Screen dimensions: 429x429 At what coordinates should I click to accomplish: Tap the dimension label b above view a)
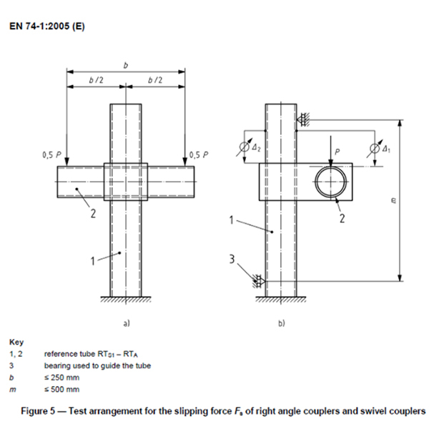(x=126, y=65)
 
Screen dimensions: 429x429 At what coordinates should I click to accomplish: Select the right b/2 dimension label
(x=155, y=80)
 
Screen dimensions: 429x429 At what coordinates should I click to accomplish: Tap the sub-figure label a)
(x=126, y=323)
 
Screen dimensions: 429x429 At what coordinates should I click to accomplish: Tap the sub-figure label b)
(x=281, y=323)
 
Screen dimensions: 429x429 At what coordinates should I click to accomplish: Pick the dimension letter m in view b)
(x=393, y=201)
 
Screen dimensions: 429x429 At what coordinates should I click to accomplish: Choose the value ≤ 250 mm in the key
(x=61, y=378)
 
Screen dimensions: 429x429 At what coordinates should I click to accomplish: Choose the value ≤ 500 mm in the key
(x=61, y=390)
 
